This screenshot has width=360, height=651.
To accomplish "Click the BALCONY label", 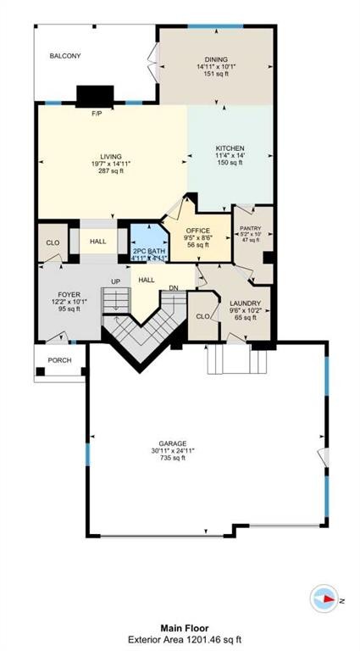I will (x=65, y=56).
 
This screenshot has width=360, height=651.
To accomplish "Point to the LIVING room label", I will (x=111, y=156).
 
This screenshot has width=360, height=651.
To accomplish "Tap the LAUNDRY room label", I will (x=245, y=303).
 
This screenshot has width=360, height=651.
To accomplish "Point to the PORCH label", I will (x=59, y=359).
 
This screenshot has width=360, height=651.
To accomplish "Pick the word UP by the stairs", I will (x=116, y=280).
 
